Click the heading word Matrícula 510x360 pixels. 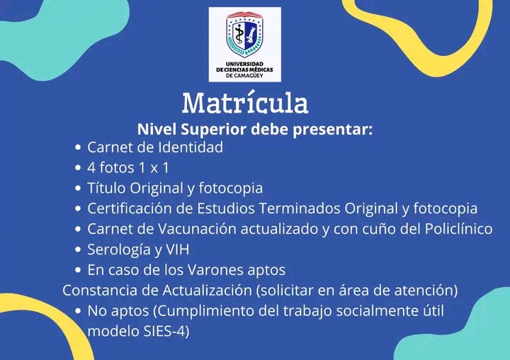point(245,103)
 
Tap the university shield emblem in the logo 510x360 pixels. point(244,34)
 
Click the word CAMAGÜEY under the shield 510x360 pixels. point(249,76)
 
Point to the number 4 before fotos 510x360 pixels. point(91,168)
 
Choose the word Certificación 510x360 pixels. point(130,208)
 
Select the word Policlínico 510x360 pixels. point(458,229)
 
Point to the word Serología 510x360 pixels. point(119,250)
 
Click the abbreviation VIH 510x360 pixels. point(178,249)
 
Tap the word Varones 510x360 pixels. point(215,270)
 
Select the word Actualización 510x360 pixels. point(207,291)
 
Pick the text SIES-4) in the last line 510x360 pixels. point(166,332)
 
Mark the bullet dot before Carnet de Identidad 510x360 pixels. point(78,147)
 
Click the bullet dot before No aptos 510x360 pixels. point(78,311)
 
